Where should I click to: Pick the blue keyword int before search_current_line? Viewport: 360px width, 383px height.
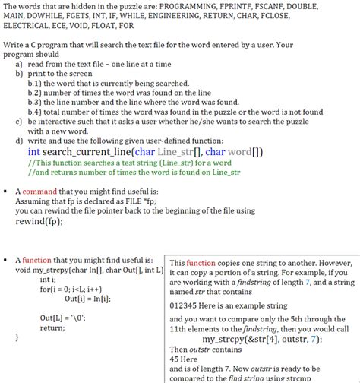34,152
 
